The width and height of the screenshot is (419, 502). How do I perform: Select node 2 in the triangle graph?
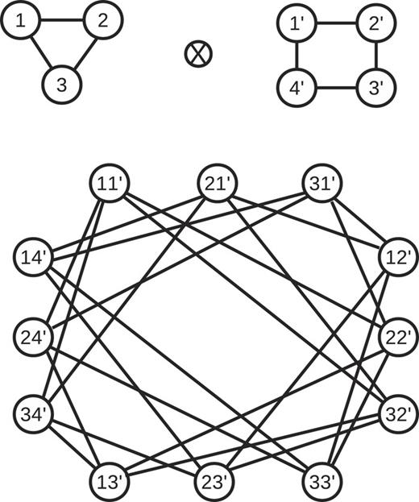(102, 23)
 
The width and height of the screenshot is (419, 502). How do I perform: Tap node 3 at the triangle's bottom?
(62, 84)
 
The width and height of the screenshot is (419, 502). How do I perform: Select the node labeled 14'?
(34, 258)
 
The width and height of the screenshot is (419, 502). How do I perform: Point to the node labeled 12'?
(398, 258)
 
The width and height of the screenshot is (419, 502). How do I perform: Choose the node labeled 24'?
(34, 336)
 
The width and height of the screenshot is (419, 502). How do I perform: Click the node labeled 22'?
(398, 336)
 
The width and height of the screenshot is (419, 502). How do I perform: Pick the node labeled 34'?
(34, 414)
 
